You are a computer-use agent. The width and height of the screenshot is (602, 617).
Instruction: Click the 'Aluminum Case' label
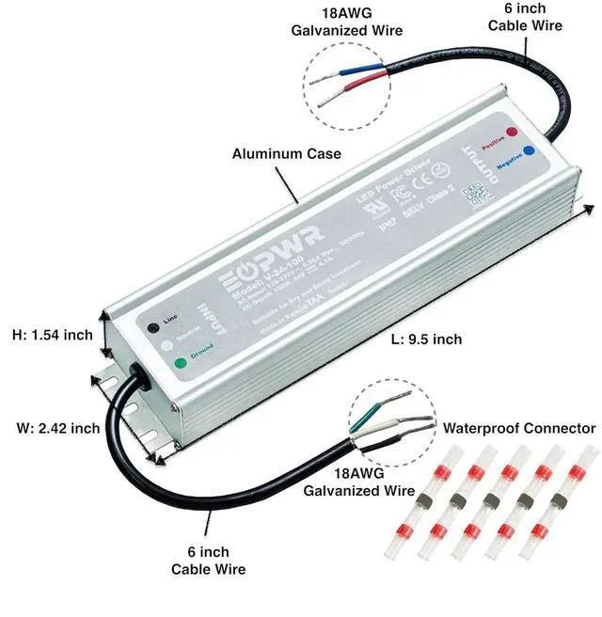tap(287, 153)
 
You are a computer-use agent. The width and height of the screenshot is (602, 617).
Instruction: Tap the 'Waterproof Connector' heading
tap(519, 427)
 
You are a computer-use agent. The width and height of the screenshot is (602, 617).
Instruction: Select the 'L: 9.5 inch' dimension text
tap(423, 339)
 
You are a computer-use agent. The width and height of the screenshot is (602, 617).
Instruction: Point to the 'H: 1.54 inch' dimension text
tap(53, 334)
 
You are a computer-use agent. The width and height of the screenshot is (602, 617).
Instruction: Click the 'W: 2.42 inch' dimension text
tap(58, 428)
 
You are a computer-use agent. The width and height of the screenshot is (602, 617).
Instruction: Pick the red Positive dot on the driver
tap(510, 133)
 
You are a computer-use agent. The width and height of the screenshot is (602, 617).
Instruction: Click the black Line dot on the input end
tap(152, 327)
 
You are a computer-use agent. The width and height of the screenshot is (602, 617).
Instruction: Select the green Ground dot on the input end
tap(180, 360)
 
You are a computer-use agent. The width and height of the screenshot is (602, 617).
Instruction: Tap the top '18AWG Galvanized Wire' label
tap(347, 23)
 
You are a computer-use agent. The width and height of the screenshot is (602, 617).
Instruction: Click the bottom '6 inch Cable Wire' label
tap(208, 560)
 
